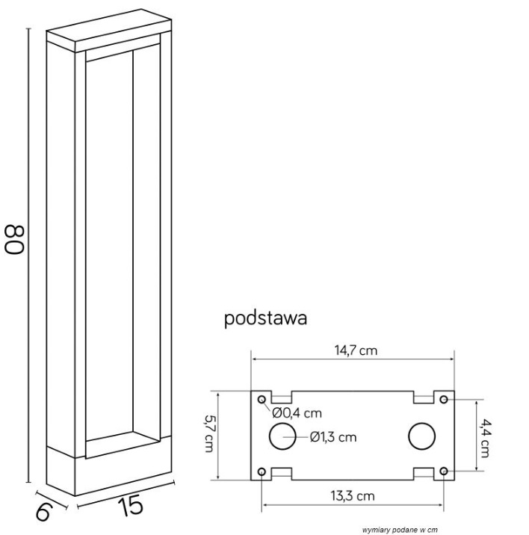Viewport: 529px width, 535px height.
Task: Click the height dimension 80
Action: pyautogui.click(x=16, y=237)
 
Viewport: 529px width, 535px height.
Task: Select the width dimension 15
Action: pyautogui.click(x=131, y=507)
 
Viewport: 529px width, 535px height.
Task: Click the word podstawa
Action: pyautogui.click(x=266, y=319)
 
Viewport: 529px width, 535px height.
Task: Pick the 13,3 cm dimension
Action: pyautogui.click(x=353, y=495)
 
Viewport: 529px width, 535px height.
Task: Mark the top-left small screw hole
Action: pyautogui.click(x=262, y=400)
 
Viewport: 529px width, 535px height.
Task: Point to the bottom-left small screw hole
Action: pyautogui.click(x=262, y=471)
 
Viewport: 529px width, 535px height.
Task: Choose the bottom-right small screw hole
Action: pyautogui.click(x=444, y=471)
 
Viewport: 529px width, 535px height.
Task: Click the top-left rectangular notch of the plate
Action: pyautogui.click(x=280, y=396)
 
